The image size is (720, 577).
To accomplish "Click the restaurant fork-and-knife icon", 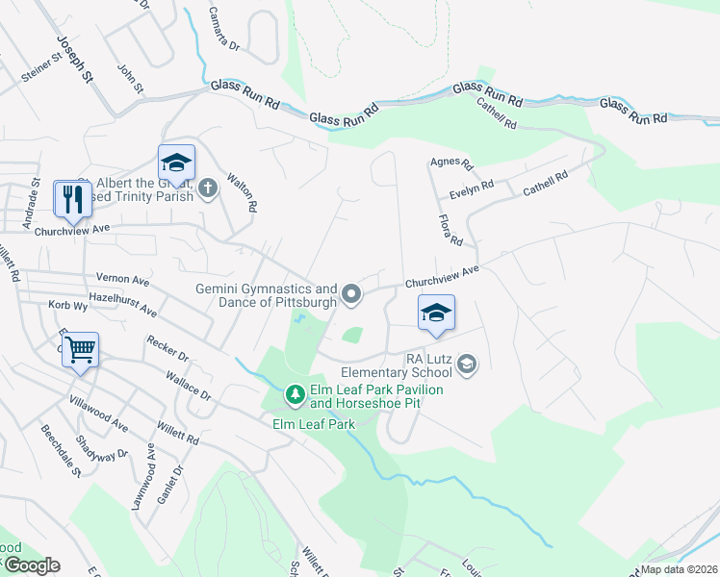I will pyautogui.click(x=73, y=199).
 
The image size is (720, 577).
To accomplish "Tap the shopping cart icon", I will pyautogui.click(x=81, y=348).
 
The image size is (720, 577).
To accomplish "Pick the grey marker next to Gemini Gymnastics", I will pyautogui.click(x=351, y=295).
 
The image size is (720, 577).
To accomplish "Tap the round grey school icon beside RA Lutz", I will pyautogui.click(x=467, y=363).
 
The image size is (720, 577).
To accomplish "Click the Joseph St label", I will pyautogui.click(x=73, y=59).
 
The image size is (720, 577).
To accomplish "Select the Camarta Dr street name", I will pyautogui.click(x=229, y=30).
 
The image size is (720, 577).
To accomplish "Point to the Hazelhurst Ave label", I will pyautogui.click(x=121, y=305).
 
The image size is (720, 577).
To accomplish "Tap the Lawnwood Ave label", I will pyautogui.click(x=151, y=477).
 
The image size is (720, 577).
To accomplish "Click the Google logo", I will pyautogui.click(x=31, y=565).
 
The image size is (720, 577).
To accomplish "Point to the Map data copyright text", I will pyautogui.click(x=679, y=569).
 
